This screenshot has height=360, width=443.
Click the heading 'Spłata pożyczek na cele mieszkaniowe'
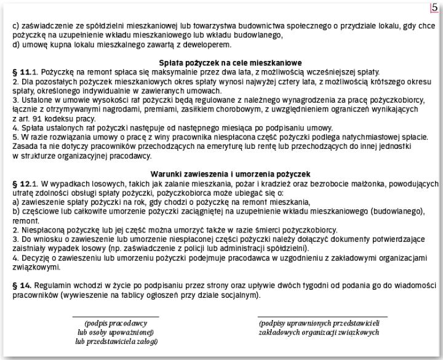point(221,63)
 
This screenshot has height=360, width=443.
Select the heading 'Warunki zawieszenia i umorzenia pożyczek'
point(221,174)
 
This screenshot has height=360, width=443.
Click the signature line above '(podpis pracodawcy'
point(115,316)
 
